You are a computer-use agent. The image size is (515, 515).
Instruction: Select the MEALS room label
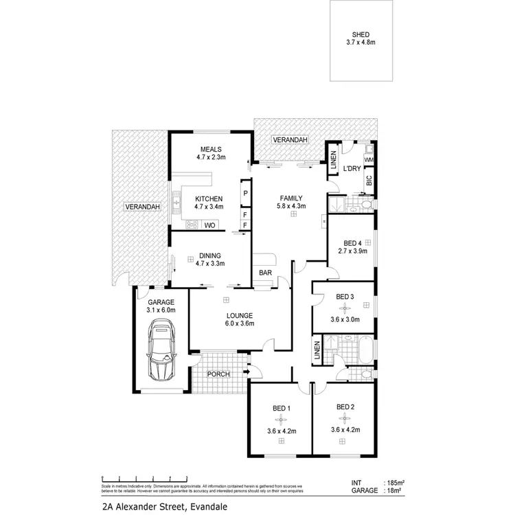(x=209, y=149)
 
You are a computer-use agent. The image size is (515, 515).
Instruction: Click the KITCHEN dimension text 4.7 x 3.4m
(x=209, y=207)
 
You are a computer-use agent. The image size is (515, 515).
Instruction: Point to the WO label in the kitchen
(x=209, y=225)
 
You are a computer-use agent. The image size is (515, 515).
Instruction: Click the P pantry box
(x=245, y=194)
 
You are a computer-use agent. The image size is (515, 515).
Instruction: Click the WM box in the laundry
(x=369, y=159)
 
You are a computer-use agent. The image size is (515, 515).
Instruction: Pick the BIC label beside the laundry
(x=369, y=181)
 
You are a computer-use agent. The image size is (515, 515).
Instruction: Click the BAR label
(x=264, y=273)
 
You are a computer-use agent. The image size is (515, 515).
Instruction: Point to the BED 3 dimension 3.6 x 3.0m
(x=345, y=319)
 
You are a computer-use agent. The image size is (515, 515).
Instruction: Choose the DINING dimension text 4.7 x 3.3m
(x=210, y=262)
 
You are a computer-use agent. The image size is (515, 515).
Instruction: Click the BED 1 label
(x=282, y=409)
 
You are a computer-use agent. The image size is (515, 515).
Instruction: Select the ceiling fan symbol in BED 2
(x=345, y=419)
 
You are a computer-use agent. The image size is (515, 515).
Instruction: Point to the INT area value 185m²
(x=396, y=483)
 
